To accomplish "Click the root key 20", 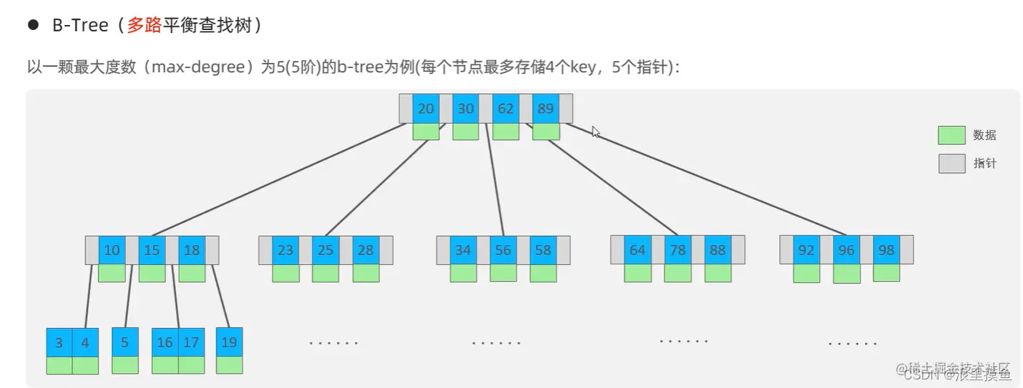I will [x=426, y=109].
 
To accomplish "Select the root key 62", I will [x=506, y=109].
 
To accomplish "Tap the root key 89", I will [x=546, y=109].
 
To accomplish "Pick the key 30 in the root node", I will [x=466, y=109].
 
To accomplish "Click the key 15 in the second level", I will [x=152, y=250].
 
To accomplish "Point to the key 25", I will [x=325, y=250].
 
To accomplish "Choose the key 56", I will [x=503, y=250].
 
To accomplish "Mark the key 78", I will [x=677, y=250].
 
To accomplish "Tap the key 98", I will [x=886, y=250].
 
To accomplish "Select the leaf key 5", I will [x=125, y=342].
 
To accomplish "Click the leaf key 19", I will [x=229, y=342].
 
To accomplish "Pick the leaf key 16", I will [x=165, y=342].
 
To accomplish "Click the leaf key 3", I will [x=59, y=342].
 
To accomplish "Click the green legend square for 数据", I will [x=951, y=135].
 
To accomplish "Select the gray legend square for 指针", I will [x=951, y=164].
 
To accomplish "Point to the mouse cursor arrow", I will [x=595, y=131].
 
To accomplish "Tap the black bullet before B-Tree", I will [x=32, y=25].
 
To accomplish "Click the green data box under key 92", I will [x=806, y=273].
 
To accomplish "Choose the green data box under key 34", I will [x=463, y=273].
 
